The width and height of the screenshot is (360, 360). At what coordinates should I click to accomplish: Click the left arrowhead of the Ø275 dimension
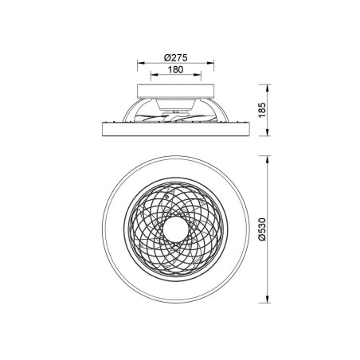tap(139, 64)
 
